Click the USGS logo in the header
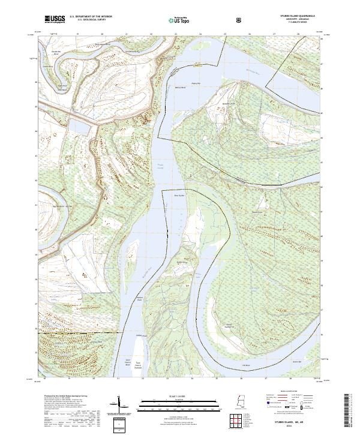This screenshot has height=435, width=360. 55,20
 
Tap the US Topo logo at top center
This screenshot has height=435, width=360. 181,20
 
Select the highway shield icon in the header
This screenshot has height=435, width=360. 241,20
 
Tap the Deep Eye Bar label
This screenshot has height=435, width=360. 178,195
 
